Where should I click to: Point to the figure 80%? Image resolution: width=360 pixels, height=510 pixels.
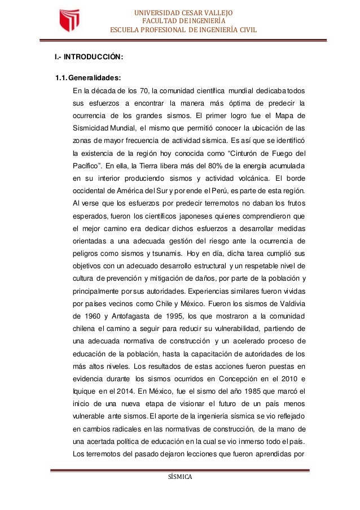231,164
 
